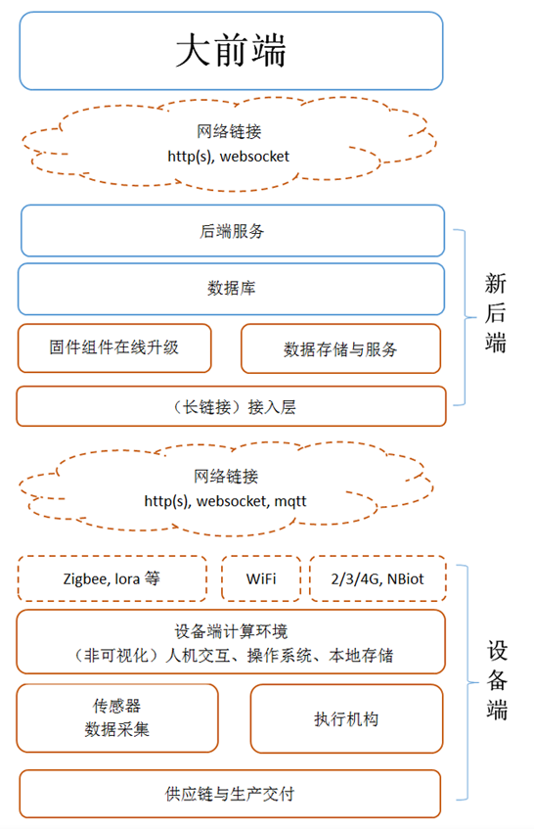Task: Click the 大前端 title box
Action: coord(231,51)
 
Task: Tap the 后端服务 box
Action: coord(233,231)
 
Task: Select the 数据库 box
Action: coord(231,289)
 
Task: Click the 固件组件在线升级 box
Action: coord(114,347)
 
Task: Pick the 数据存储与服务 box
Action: coord(340,349)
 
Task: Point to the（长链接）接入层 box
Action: coord(231,406)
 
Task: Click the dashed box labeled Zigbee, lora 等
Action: coord(111,578)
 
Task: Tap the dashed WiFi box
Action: coord(261,578)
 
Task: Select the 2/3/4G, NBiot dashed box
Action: coord(378,578)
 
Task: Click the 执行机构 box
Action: coord(346,719)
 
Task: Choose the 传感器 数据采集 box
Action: coord(117,718)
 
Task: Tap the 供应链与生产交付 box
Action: coord(230,794)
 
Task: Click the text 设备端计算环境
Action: coord(231,631)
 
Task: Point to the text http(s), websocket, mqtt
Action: coord(225,501)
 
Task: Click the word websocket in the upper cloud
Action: coord(254,157)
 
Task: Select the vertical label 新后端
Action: coord(496,313)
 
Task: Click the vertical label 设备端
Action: coord(497,680)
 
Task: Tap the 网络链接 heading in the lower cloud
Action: coord(226,477)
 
